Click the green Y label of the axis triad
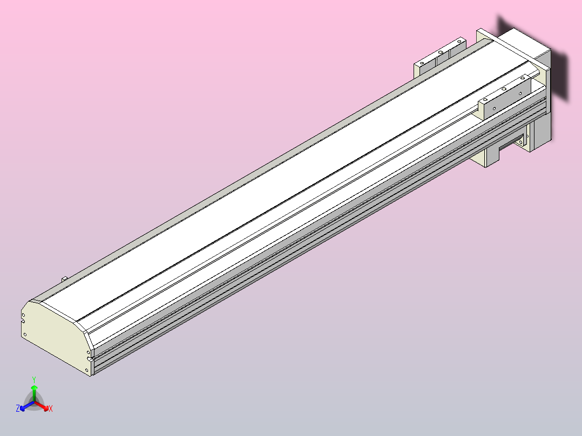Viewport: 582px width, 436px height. (x=34, y=379)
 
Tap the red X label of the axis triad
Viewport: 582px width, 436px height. (x=51, y=409)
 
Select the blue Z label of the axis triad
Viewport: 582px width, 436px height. (x=18, y=409)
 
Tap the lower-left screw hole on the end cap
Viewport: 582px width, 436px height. (x=25, y=335)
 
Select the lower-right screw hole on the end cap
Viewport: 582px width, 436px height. (x=87, y=369)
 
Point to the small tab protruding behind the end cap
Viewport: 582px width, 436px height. (x=64, y=278)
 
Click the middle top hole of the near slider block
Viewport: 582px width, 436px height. (x=504, y=88)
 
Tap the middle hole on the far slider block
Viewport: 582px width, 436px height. (x=441, y=52)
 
